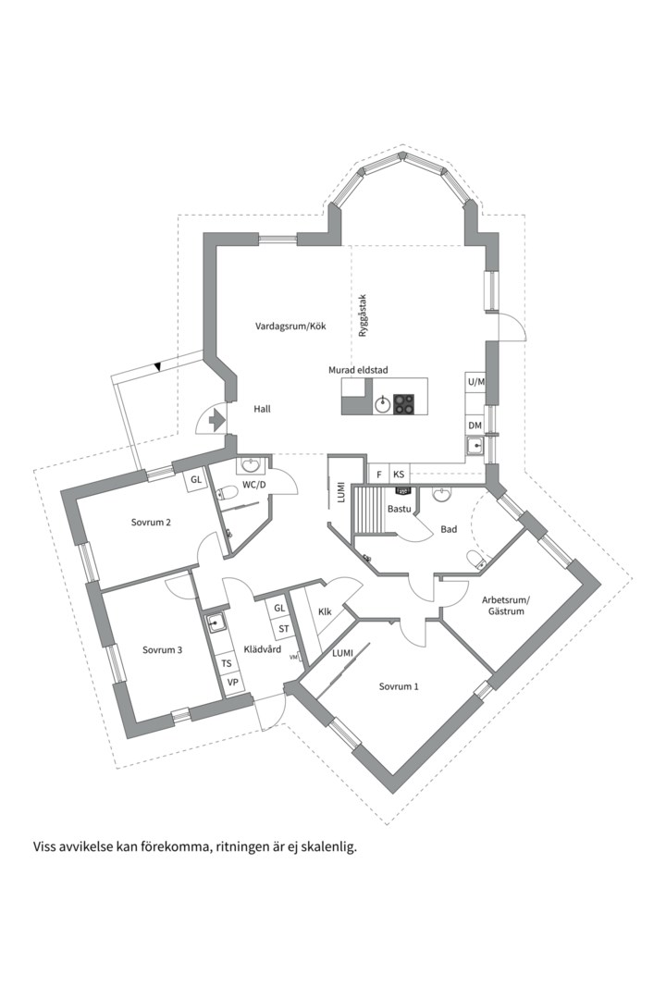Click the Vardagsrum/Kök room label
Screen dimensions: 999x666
click(291, 327)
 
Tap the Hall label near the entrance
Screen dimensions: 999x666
click(262, 408)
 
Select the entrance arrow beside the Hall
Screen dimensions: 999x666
click(217, 420)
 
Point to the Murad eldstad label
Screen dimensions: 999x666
click(358, 370)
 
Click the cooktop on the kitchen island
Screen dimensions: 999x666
click(404, 403)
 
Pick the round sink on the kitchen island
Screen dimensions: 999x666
click(382, 403)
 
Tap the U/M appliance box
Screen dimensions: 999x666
click(475, 381)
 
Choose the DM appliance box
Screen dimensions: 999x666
click(475, 425)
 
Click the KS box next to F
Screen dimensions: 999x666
click(399, 475)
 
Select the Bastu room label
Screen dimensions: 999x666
click(400, 509)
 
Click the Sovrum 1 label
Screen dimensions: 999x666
click(399, 686)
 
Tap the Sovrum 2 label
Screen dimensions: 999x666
click(151, 522)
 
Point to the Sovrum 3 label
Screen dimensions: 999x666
click(162, 649)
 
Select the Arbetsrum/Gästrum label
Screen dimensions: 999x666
click(503, 606)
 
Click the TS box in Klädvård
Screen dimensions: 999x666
click(227, 664)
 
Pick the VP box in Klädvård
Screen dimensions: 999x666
click(233, 684)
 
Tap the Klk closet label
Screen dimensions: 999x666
click(325, 612)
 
